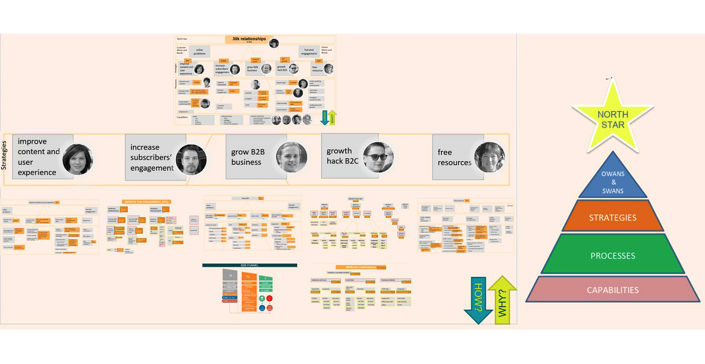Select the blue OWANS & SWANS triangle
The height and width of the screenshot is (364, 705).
coord(613,179)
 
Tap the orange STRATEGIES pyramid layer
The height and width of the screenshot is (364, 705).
coord(613,217)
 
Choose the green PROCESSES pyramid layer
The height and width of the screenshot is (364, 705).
coord(613,256)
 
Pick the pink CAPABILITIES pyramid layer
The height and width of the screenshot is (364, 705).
coord(613,290)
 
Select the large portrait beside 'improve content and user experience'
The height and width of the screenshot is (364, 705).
coord(77,159)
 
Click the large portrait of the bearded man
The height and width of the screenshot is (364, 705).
coord(191,160)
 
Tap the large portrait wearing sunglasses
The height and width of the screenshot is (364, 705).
coord(378,157)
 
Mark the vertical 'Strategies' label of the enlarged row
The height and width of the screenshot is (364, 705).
coord(4,158)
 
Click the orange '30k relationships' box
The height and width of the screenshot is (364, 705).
coord(246,40)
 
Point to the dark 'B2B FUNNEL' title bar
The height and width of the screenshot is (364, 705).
coord(249,265)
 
